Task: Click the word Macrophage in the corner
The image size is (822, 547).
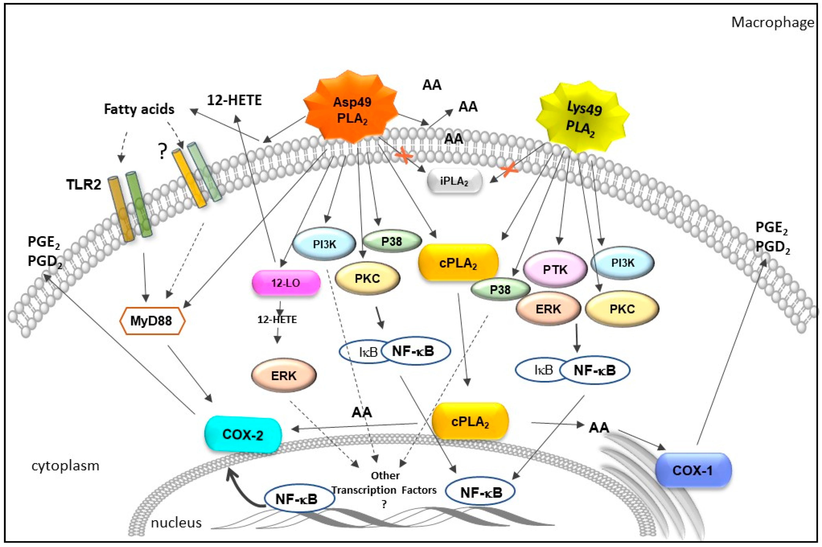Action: tap(772, 22)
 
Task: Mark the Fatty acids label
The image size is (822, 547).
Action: tap(139, 109)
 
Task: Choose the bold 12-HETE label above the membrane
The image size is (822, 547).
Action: tap(234, 100)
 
